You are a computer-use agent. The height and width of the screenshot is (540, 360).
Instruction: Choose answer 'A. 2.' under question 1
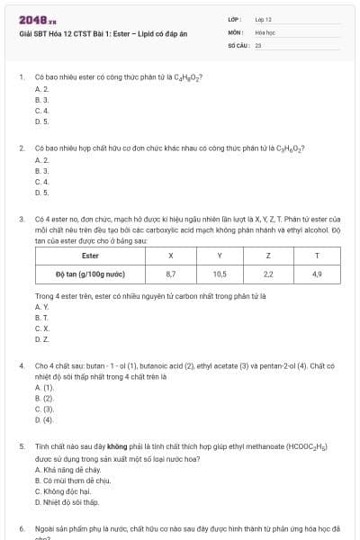coord(41,89)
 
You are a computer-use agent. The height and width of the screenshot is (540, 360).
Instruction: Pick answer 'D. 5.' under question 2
coord(41,192)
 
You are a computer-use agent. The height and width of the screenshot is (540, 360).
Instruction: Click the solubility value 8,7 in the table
coord(171,273)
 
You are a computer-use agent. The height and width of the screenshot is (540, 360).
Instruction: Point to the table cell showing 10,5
coord(219,273)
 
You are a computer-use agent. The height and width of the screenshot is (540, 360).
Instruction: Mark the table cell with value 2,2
coord(267,273)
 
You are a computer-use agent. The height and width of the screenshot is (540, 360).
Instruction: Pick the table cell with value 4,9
coord(316,273)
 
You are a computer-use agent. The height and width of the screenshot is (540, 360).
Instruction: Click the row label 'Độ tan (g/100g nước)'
coord(90,273)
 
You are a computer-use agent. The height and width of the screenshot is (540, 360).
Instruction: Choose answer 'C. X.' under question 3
coord(41,328)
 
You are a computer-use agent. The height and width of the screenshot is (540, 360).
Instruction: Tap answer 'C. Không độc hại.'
coord(65,491)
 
